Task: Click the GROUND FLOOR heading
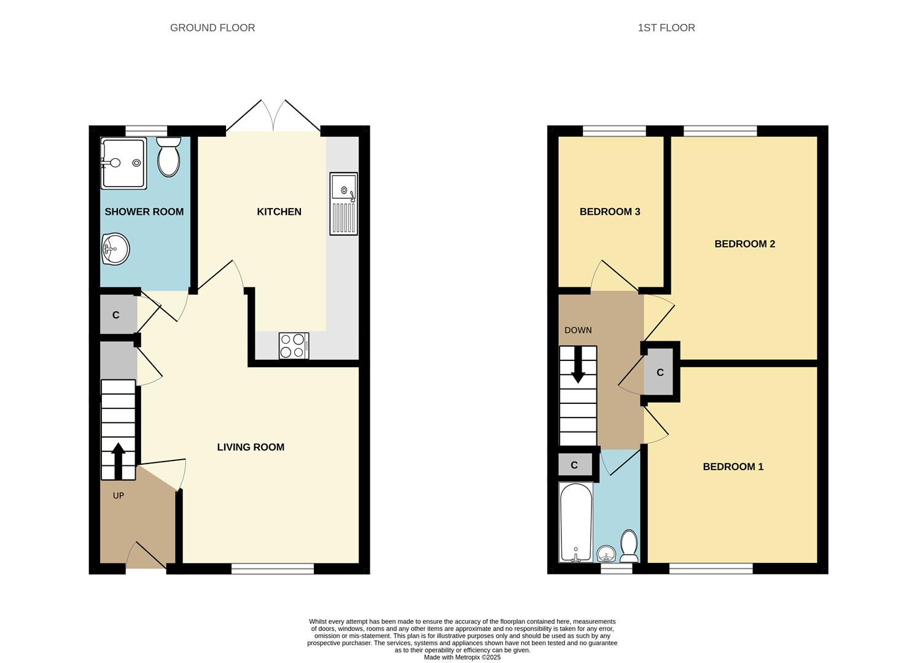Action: tap(212, 28)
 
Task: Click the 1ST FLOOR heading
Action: tap(666, 28)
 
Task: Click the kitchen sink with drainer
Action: tap(343, 204)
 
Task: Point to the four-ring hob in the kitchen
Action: tap(294, 346)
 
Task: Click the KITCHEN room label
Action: tap(279, 212)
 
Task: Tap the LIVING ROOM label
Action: tap(251, 447)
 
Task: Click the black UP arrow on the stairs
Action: tap(118, 460)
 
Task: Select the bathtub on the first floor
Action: tap(576, 522)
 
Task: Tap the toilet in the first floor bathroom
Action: tap(628, 546)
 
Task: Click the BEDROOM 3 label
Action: tap(609, 212)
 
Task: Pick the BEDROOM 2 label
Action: tap(744, 244)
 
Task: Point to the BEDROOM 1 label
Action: tap(733, 467)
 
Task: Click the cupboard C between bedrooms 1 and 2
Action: tap(660, 373)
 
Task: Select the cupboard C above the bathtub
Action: tap(574, 465)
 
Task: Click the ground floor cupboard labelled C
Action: tap(115, 315)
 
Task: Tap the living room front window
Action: tap(273, 569)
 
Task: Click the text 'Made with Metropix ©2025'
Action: tap(462, 657)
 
